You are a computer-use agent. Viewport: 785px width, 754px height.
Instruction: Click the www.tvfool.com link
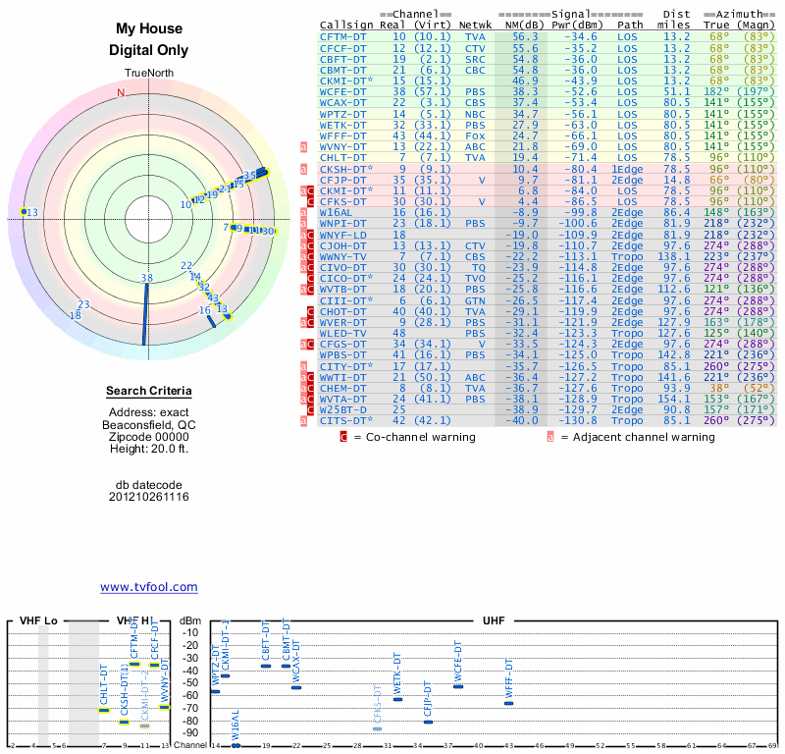click(x=148, y=587)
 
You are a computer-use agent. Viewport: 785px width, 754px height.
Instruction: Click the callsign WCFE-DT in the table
click(x=343, y=91)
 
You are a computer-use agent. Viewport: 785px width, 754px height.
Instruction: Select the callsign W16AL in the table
click(x=337, y=211)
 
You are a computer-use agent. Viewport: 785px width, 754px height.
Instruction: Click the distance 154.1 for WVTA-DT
click(x=674, y=400)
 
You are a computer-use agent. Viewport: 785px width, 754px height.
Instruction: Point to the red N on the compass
click(x=122, y=93)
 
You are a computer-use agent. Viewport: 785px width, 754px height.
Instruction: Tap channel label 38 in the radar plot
click(x=147, y=278)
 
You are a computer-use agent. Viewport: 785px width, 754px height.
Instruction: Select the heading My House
click(x=148, y=29)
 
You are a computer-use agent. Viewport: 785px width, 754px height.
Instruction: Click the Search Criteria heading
click(x=148, y=392)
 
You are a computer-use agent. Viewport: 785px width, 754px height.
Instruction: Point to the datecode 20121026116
click(x=148, y=497)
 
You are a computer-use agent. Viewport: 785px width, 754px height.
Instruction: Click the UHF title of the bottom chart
click(x=494, y=621)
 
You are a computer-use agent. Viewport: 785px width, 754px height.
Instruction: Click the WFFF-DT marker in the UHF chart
click(x=508, y=703)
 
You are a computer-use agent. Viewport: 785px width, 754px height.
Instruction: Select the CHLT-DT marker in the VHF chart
click(x=104, y=709)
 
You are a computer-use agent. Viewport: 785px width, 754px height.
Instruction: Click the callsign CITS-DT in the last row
click(x=343, y=421)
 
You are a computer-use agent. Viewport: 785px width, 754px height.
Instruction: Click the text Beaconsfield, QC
click(x=148, y=424)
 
